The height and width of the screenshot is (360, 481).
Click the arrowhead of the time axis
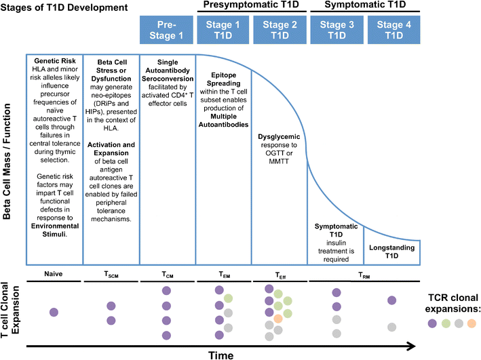click(x=412, y=346)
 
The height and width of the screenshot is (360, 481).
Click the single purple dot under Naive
click(x=54, y=312)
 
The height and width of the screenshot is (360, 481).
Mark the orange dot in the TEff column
click(x=279, y=319)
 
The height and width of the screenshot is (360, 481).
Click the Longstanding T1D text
click(x=391, y=247)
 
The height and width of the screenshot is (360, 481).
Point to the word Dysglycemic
click(x=279, y=136)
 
